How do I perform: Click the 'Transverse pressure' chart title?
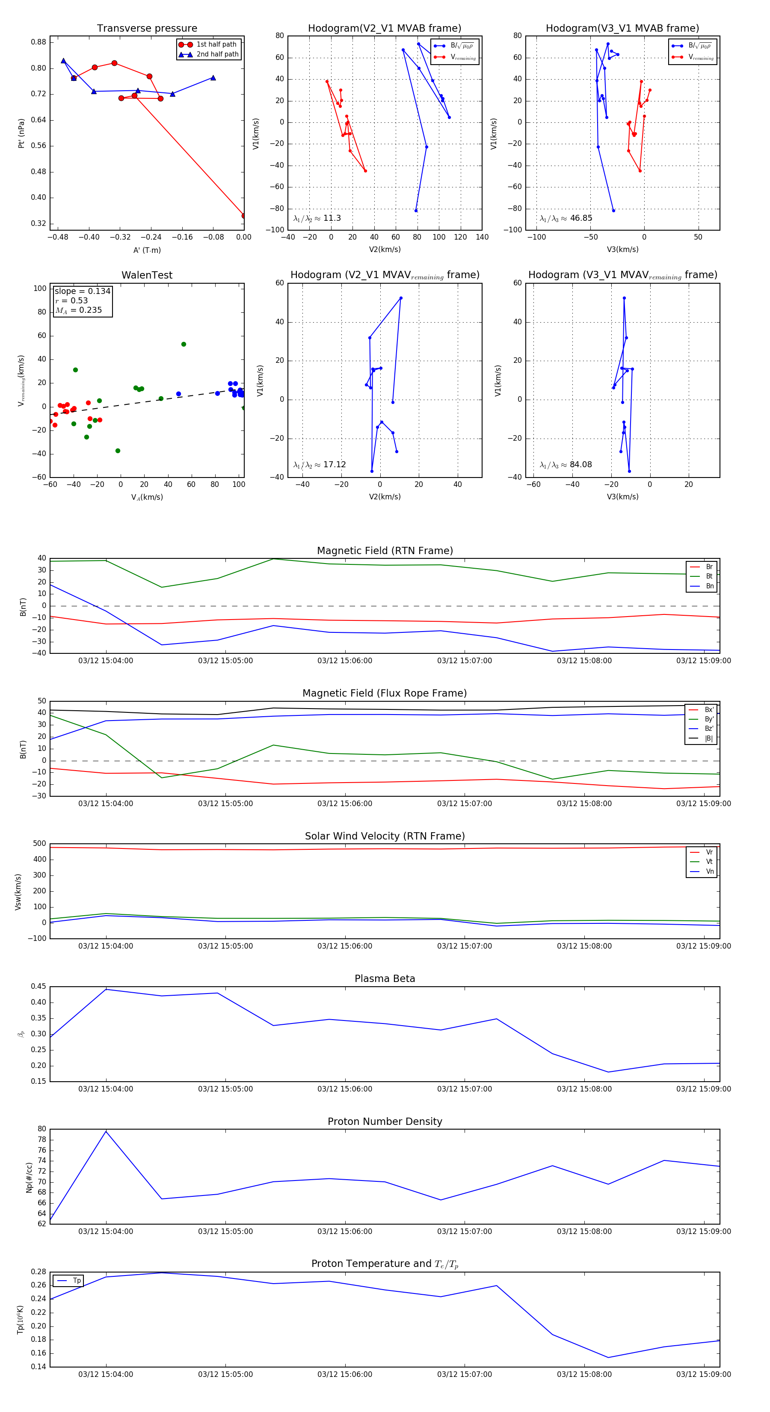147,29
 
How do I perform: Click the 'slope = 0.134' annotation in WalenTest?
82,291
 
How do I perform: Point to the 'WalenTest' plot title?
147,275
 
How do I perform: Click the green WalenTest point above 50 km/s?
184,344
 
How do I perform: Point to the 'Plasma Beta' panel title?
385,979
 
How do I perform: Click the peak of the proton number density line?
106,1131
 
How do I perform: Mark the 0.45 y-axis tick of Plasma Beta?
38,987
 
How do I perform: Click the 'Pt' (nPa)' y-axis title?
21,133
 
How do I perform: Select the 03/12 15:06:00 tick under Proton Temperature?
345,1374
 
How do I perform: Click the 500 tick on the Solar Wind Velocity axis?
39,844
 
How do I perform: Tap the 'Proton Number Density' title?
385,1121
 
